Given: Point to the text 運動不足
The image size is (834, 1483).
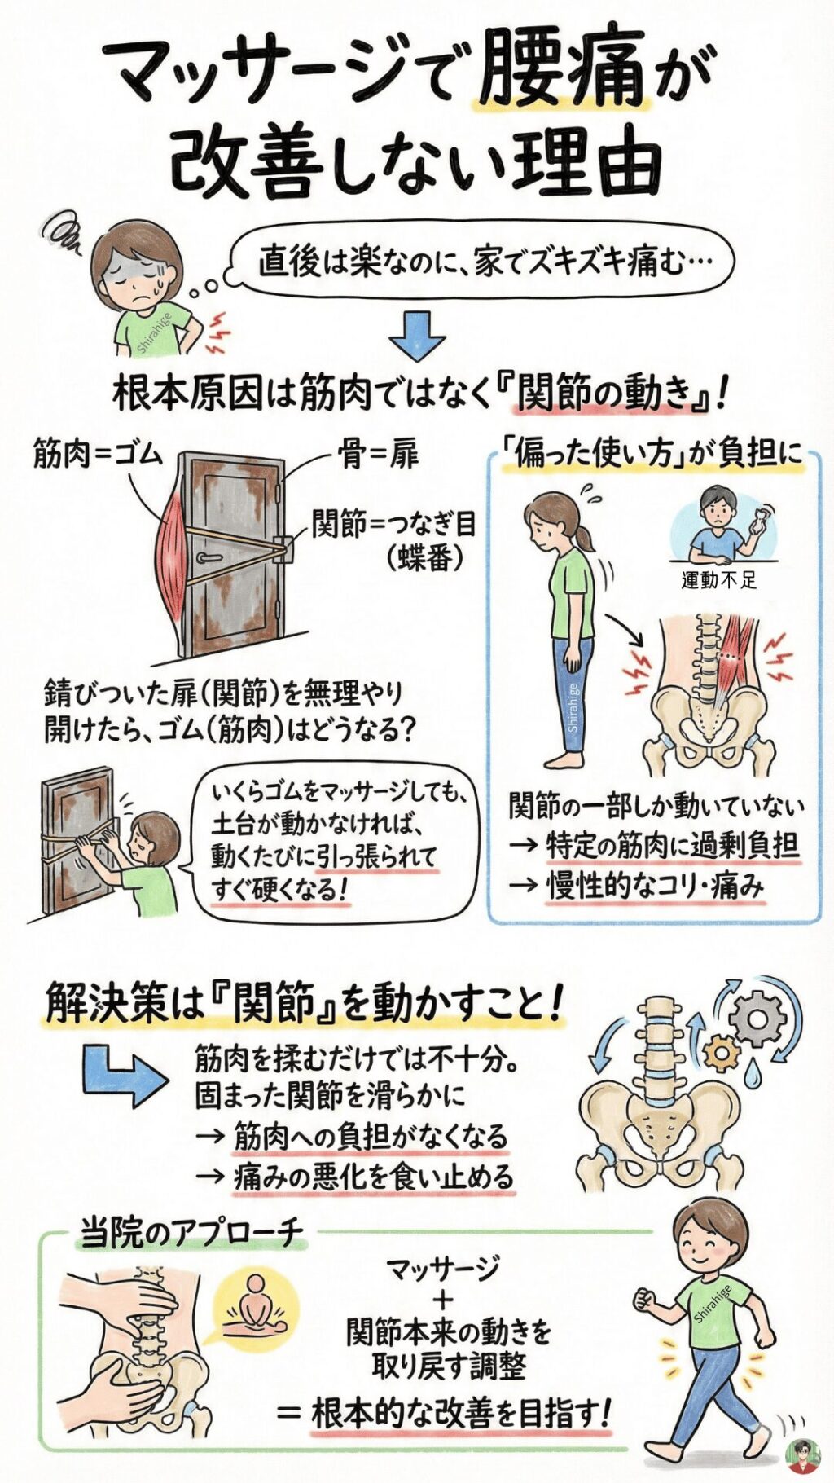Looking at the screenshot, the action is tap(719, 579).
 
